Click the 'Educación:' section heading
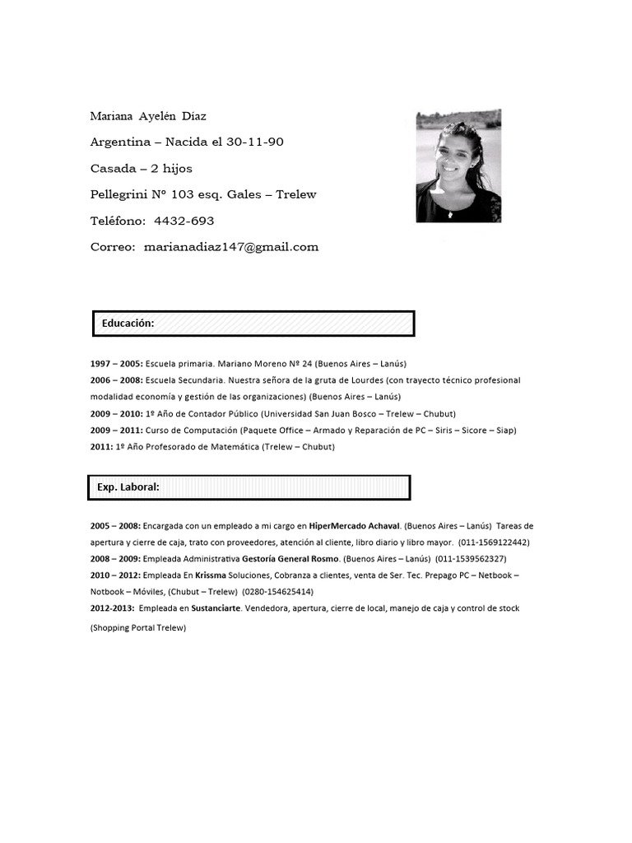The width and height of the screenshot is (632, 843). (128, 324)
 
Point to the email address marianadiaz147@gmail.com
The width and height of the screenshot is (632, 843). (231, 247)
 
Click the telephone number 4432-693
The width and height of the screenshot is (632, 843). (184, 221)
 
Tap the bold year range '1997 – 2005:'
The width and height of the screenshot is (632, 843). (116, 363)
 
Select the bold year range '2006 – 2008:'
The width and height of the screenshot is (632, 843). (116, 380)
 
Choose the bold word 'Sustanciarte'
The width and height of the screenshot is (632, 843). (216, 608)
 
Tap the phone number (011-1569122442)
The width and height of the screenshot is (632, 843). (494, 543)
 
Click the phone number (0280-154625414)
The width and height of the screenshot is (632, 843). (277, 592)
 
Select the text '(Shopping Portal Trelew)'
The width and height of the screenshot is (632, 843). (138, 628)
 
